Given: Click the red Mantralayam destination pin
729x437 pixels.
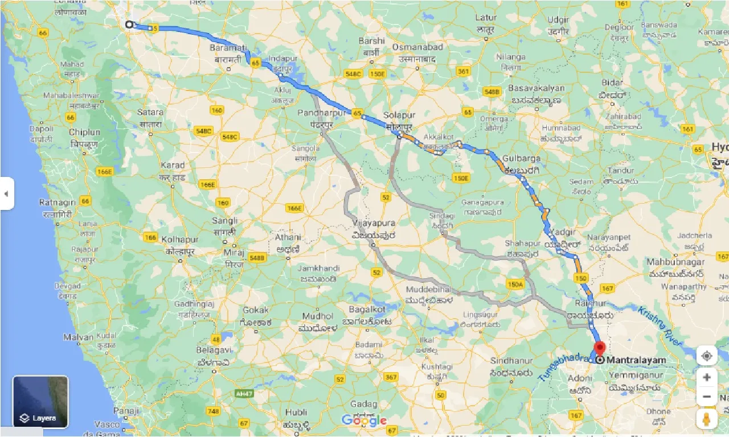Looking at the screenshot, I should coord(599,348).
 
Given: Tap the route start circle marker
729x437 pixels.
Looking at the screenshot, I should coord(129,24).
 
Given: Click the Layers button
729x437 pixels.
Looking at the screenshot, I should coord(40,402).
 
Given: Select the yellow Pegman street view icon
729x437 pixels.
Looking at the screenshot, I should coord(707,420).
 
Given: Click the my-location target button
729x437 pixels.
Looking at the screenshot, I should coord(707,356).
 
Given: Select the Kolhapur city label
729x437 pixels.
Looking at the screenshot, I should coord(179,240).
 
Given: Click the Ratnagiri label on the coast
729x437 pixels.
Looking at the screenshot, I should coord(56,203).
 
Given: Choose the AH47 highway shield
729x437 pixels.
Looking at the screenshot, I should coord(243,393).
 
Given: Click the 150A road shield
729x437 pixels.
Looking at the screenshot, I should coord(514,284).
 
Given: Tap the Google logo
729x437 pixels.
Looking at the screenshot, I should coord(364,421).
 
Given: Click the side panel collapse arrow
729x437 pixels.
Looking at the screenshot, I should coord(6,193).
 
